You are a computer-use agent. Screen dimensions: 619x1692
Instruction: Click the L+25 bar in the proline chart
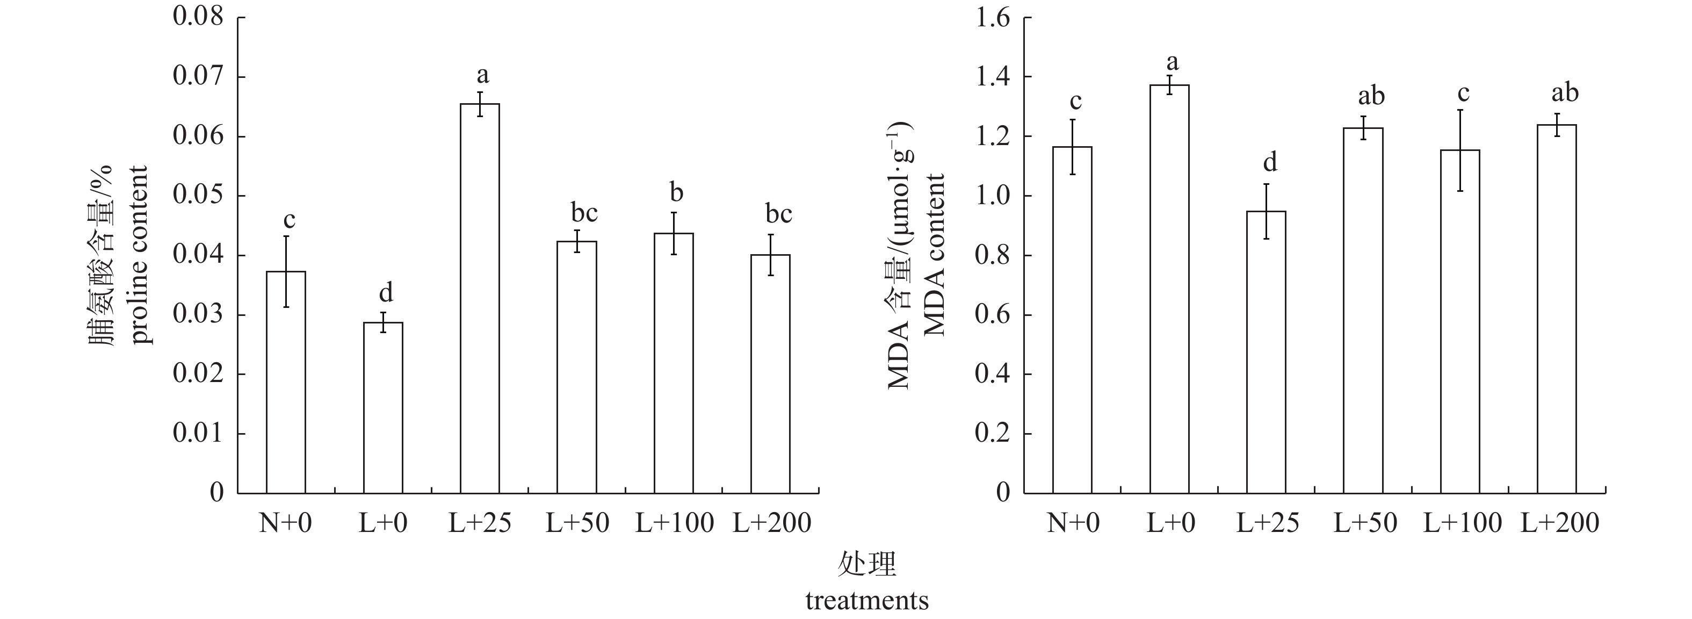pyautogui.click(x=480, y=298)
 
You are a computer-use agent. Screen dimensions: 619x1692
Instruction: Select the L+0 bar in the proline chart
pyautogui.click(x=383, y=407)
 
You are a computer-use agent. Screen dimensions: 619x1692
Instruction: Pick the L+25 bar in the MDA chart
pyautogui.click(x=1266, y=351)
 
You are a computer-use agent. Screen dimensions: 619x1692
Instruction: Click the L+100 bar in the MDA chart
pyautogui.click(x=1460, y=321)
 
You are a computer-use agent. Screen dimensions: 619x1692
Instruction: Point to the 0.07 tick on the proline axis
pyautogui.click(x=198, y=77)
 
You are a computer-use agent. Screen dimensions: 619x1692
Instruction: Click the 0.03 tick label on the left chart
pyautogui.click(x=198, y=315)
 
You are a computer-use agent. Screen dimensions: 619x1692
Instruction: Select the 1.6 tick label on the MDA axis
pyautogui.click(x=993, y=18)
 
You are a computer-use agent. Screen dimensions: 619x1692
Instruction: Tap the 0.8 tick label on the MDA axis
pyautogui.click(x=993, y=256)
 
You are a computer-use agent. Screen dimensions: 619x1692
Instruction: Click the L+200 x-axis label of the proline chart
pyautogui.click(x=772, y=523)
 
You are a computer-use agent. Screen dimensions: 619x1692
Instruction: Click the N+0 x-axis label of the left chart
pyautogui.click(x=285, y=523)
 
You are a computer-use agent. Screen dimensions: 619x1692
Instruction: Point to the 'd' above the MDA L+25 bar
pyautogui.click(x=1270, y=161)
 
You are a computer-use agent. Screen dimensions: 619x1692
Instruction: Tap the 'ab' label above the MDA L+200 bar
pyautogui.click(x=1565, y=93)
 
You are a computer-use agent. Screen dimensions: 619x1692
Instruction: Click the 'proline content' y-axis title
pyautogui.click(x=139, y=255)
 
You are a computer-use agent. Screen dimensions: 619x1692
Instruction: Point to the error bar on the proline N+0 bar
pyautogui.click(x=286, y=271)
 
